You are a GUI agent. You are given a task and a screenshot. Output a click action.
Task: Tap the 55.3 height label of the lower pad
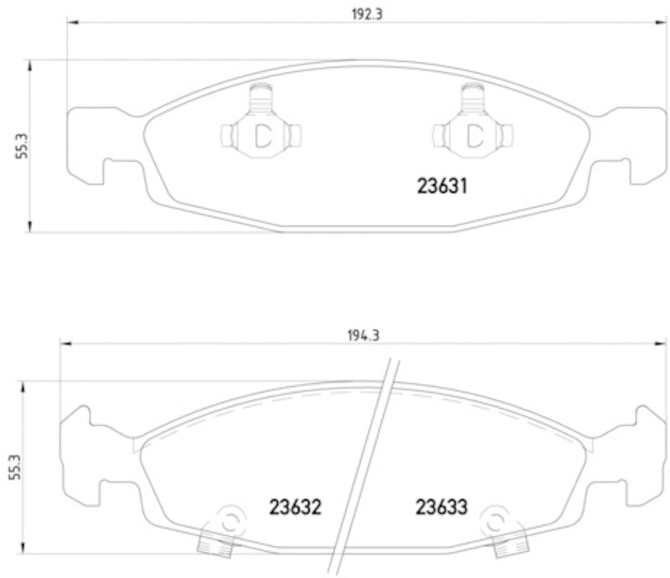pos(13,467)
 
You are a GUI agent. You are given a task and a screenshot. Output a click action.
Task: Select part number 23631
pos(441,187)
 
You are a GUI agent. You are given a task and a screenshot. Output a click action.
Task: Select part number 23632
pos(296,507)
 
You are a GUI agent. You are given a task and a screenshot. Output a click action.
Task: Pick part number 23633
pos(441,507)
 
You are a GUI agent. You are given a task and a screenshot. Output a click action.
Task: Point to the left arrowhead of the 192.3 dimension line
pos(71,24)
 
